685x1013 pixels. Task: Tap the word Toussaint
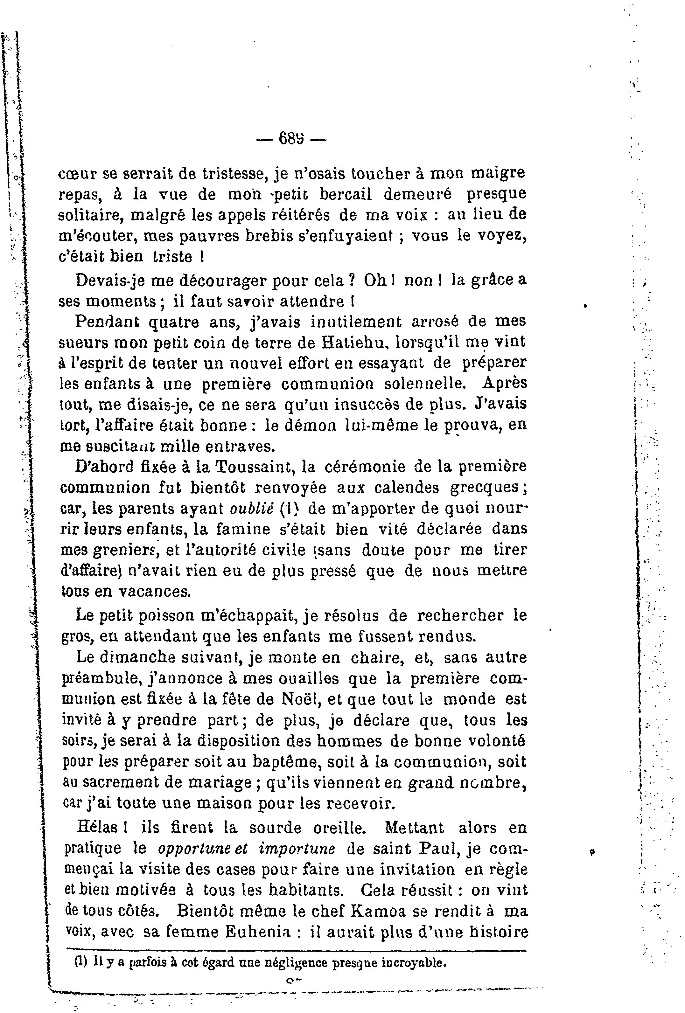[253, 467]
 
